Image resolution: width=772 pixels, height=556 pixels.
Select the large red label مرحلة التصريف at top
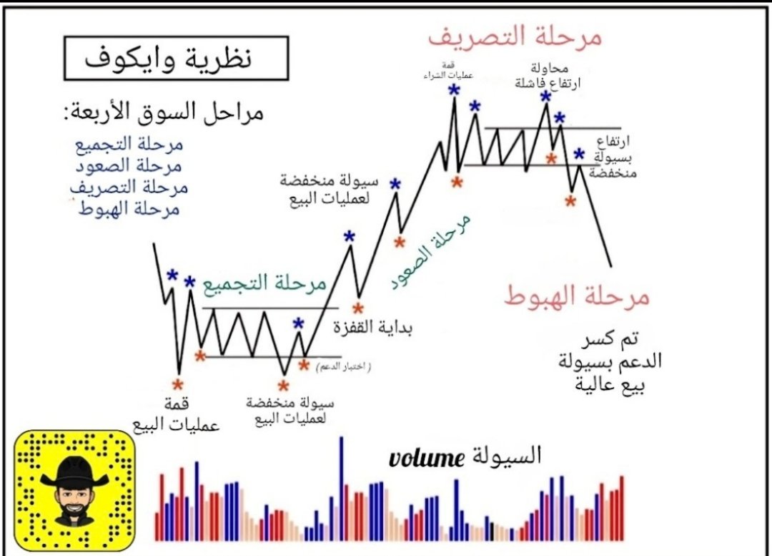coord(515,35)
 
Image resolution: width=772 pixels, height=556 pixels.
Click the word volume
coord(427,457)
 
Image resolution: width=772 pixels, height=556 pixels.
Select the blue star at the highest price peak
coord(454,90)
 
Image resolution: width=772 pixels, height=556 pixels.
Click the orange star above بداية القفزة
coord(358,308)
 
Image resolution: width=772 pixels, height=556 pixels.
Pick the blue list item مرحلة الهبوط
coord(129,210)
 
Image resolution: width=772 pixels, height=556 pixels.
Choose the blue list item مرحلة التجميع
coord(129,145)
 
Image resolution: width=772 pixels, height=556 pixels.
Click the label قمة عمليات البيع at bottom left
coord(176,416)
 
